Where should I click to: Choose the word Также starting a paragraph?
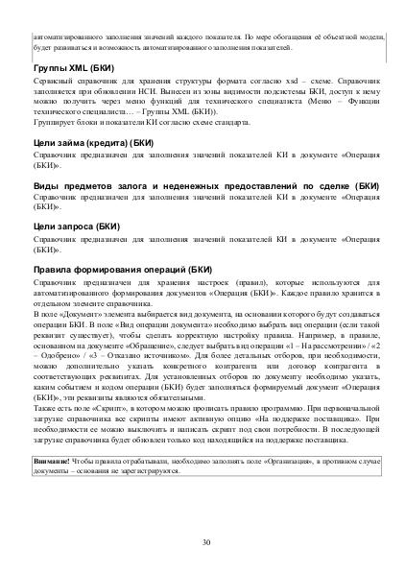(46, 408)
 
